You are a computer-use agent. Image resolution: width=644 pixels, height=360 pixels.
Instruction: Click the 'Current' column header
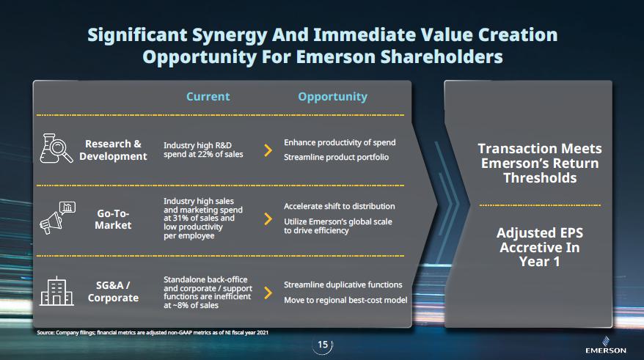click(208, 97)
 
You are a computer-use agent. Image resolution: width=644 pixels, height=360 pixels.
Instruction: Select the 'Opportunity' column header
click(332, 97)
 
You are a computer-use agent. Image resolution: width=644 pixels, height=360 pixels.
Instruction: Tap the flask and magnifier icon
click(56, 149)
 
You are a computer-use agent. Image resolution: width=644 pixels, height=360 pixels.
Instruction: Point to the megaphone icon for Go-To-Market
click(57, 218)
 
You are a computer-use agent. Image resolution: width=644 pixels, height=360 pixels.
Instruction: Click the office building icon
click(56, 291)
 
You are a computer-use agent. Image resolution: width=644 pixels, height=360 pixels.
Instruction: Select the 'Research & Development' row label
click(113, 150)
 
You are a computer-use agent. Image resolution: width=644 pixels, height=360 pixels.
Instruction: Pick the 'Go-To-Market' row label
click(113, 219)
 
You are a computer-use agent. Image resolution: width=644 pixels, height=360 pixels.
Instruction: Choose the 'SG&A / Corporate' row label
click(113, 292)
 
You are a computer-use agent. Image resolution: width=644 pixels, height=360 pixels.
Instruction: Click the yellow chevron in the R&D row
click(268, 150)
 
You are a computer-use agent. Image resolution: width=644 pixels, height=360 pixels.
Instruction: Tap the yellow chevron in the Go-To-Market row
click(268, 218)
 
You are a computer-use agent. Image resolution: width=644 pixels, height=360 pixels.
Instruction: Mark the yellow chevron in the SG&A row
click(268, 293)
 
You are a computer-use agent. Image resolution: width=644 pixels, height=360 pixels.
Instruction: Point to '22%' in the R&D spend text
click(204, 155)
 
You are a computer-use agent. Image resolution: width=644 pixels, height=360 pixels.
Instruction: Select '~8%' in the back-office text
click(181, 306)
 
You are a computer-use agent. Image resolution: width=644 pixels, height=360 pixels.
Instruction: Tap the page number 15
click(323, 345)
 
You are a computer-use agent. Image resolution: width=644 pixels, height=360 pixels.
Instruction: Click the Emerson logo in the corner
click(606, 345)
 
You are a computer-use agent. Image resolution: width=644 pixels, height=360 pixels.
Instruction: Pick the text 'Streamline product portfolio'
click(336, 157)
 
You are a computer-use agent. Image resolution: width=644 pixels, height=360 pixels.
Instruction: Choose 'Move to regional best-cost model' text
click(345, 300)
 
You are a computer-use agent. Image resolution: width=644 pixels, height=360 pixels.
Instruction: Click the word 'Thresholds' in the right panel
click(540, 178)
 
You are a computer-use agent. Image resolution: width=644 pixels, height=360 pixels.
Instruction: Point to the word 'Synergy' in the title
click(229, 36)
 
